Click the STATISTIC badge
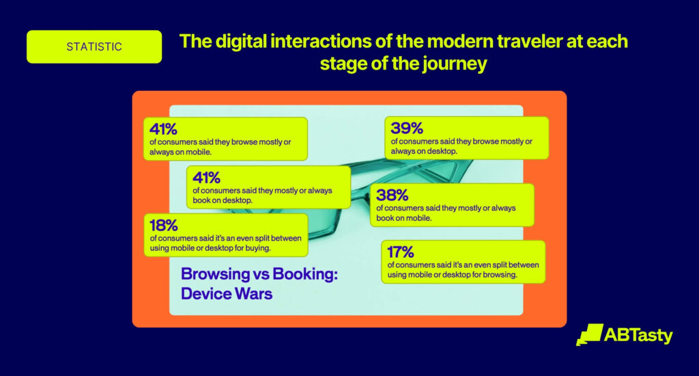coord(94,47)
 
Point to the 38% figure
coord(391,194)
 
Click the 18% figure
coord(163,224)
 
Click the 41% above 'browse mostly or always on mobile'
coord(164,128)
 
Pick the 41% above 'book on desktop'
coord(207,177)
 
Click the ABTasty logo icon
coord(588,334)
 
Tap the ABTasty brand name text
coord(638,335)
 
